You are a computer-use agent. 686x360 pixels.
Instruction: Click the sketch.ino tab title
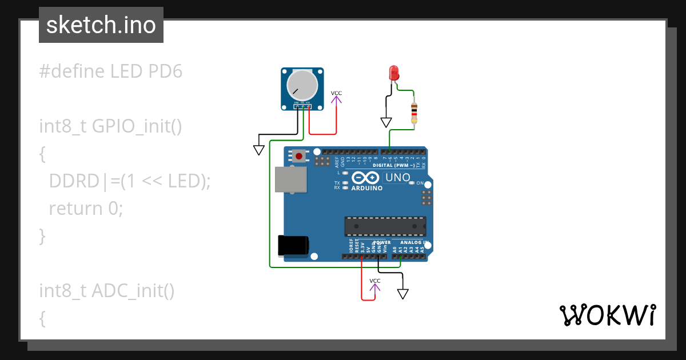click(101, 25)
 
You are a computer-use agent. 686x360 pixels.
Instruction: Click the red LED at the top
click(393, 73)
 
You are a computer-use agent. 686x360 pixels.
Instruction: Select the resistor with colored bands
click(414, 113)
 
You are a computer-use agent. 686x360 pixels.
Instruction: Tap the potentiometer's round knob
click(302, 85)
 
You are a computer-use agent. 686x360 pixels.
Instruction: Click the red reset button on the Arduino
click(299, 155)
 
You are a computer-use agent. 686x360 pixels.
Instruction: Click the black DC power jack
click(292, 245)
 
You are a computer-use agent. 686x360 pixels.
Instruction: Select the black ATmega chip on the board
click(385, 226)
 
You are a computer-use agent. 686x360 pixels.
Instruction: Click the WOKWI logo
click(607, 315)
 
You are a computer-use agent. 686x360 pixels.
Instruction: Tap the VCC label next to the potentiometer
click(336, 93)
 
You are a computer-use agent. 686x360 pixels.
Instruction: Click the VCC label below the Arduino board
click(375, 281)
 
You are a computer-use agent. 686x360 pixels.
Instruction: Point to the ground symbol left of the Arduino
click(258, 150)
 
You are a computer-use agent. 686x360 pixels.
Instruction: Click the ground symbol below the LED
click(386, 122)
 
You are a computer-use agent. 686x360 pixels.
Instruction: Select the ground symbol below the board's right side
click(403, 294)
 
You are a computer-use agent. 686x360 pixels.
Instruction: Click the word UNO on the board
click(398, 178)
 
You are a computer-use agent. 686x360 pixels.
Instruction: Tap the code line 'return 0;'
click(86, 208)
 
